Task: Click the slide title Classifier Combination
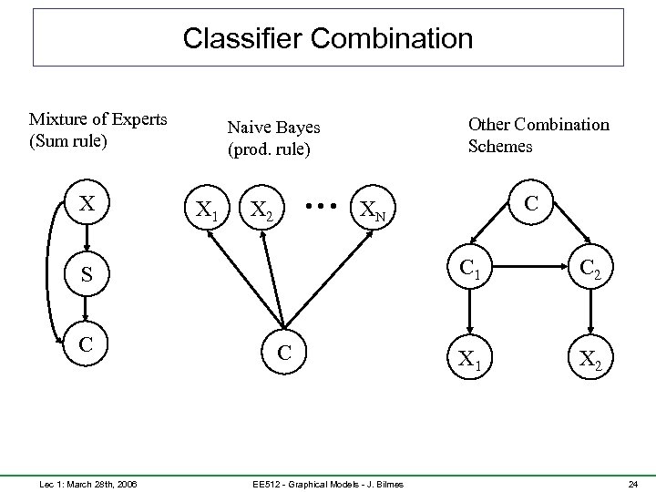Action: (328, 38)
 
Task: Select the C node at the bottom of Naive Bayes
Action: (285, 353)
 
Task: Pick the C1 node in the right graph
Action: (470, 270)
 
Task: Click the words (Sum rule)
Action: (68, 141)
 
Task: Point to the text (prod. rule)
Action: (269, 149)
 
